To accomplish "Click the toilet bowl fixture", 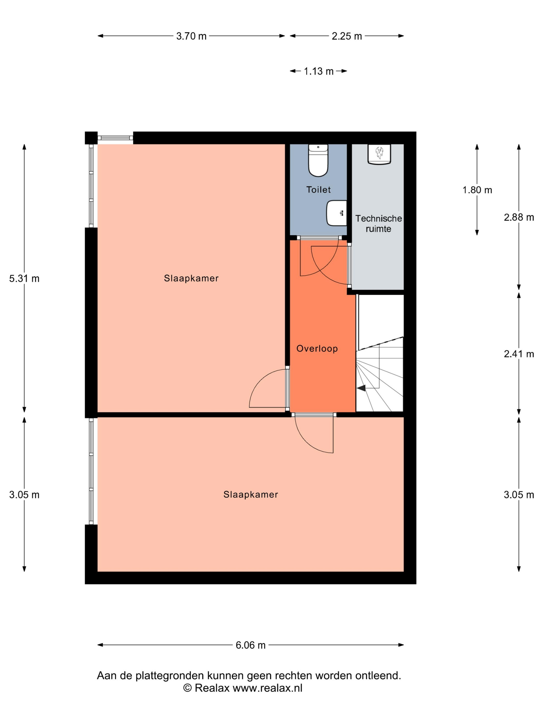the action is coord(318,160).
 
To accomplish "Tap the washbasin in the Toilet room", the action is coord(336,213).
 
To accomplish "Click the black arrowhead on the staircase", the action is coord(361,388).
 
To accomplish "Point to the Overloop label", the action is coord(317,349).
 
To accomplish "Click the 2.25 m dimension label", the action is coord(347,36).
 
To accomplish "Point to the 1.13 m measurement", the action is coord(319,71).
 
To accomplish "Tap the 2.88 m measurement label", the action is coord(519,217).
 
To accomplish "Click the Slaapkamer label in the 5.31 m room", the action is coord(191,278).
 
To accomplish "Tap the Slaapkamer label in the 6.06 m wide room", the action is coord(251,495).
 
